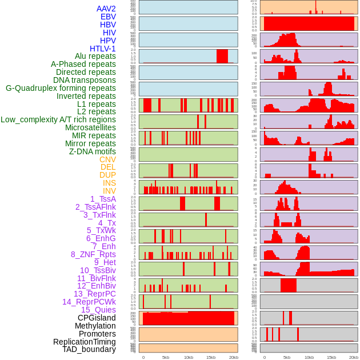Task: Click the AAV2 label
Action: (x=106, y=9)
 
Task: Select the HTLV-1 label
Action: (x=102, y=49)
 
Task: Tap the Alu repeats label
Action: (x=95, y=56)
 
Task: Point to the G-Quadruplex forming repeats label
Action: (x=61, y=88)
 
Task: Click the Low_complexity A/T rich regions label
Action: (x=58, y=119)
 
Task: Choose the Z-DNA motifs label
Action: (x=93, y=151)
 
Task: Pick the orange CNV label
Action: (x=107, y=159)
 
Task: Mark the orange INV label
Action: (x=109, y=191)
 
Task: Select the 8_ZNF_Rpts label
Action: (x=93, y=254)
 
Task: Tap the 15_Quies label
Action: (x=98, y=310)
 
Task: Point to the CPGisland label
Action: (x=97, y=318)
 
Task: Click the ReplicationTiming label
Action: (x=84, y=342)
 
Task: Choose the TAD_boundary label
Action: (x=89, y=349)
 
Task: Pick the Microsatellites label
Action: (x=90, y=127)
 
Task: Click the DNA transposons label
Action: (x=85, y=80)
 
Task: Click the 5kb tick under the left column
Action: (x=166, y=357)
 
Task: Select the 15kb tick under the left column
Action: (x=211, y=357)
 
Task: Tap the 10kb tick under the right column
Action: (x=309, y=357)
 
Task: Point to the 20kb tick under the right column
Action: (x=354, y=357)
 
